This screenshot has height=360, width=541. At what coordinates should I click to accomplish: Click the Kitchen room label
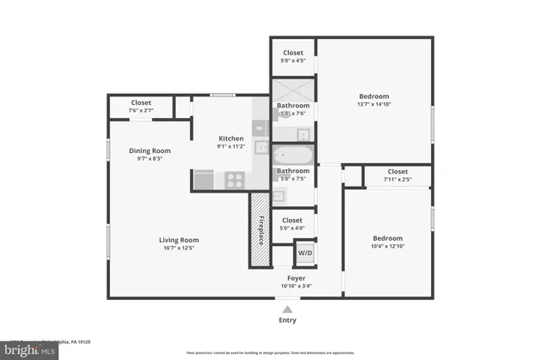pyautogui.click(x=231, y=139)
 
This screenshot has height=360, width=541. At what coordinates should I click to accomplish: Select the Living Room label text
pyautogui.click(x=178, y=240)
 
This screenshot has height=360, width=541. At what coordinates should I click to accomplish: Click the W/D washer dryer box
pyautogui.click(x=304, y=254)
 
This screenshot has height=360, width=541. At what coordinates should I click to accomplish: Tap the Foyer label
pyautogui.click(x=296, y=278)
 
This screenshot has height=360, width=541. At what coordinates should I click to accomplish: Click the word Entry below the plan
pyautogui.click(x=287, y=320)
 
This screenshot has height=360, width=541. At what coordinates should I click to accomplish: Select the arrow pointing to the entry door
pyautogui.click(x=287, y=307)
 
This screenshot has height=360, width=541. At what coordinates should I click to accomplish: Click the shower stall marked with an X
pyautogui.click(x=292, y=90)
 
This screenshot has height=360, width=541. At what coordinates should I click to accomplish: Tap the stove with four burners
pyautogui.click(x=234, y=179)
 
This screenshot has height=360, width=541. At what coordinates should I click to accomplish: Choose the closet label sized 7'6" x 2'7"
pyautogui.click(x=140, y=110)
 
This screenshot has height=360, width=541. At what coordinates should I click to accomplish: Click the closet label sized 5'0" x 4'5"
pyautogui.click(x=293, y=60)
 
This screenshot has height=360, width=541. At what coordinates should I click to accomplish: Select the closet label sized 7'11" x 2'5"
pyautogui.click(x=397, y=179)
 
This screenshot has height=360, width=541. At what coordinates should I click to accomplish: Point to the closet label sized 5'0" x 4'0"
pyautogui.click(x=292, y=227)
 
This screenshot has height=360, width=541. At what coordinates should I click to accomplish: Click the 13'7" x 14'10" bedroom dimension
pyautogui.click(x=374, y=104)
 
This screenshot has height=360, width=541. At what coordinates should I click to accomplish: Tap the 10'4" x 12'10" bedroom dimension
pyautogui.click(x=387, y=246)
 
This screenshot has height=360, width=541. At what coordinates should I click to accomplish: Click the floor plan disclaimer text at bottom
pyautogui.click(x=270, y=352)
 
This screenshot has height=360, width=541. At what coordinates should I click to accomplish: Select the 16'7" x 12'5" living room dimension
pyautogui.click(x=178, y=248)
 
